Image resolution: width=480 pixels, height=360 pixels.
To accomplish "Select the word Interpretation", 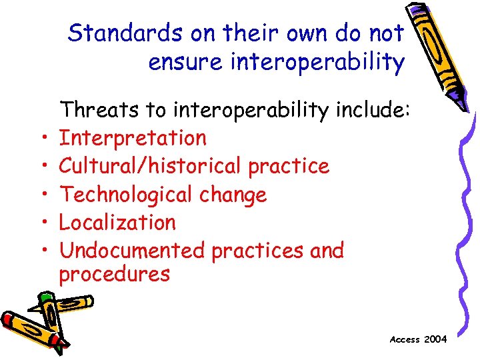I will [133, 138].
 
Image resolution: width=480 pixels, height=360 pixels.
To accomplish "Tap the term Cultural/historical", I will [151, 166].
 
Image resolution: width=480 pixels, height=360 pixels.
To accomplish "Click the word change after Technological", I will [236, 195].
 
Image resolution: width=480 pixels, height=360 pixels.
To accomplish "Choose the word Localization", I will [117, 223].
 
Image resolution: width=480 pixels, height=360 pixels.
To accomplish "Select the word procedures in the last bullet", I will [115, 274].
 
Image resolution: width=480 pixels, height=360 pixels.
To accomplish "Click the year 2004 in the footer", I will [435, 339].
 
